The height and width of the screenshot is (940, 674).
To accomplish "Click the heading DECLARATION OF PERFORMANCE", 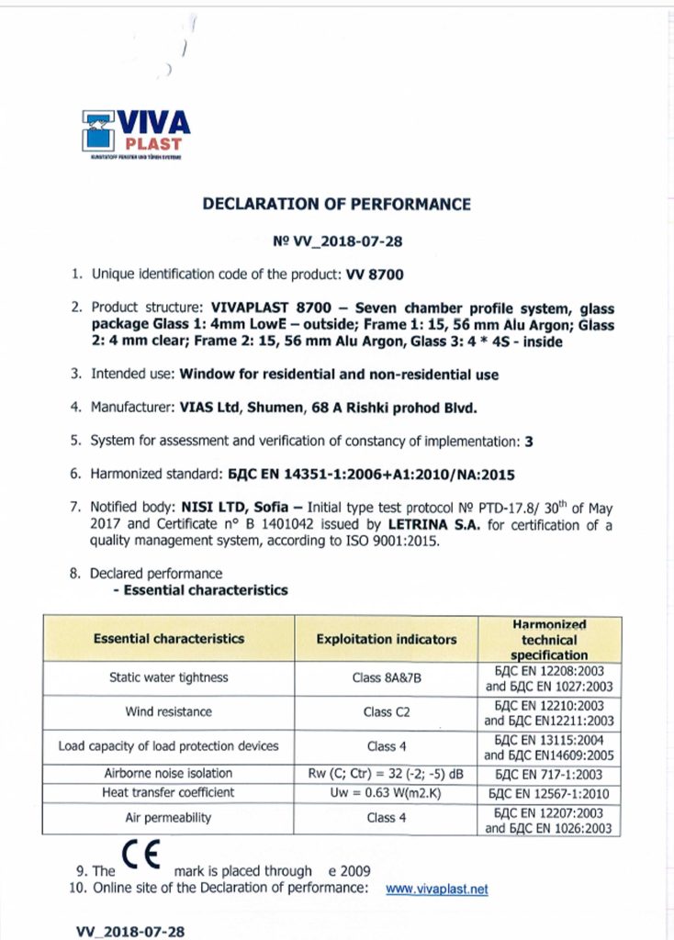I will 336,204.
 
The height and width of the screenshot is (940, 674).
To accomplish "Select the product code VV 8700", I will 374,274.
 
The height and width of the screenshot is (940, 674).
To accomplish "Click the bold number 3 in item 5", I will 528,442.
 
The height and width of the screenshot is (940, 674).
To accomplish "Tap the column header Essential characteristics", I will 169,638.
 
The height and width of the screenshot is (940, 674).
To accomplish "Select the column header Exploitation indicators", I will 386,639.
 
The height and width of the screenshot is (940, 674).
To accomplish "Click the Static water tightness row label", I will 169,677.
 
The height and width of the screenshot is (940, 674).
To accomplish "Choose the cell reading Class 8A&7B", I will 386,678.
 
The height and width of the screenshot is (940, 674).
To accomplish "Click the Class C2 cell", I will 386,711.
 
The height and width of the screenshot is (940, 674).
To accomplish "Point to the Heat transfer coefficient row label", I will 169,792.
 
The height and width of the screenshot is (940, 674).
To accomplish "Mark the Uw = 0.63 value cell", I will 386,793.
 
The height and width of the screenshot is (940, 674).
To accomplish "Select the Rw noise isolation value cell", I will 386,773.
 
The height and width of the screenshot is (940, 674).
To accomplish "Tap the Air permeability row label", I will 169,817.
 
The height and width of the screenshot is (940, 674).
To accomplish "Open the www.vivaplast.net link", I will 436,889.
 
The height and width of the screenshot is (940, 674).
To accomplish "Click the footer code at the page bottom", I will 130,931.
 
